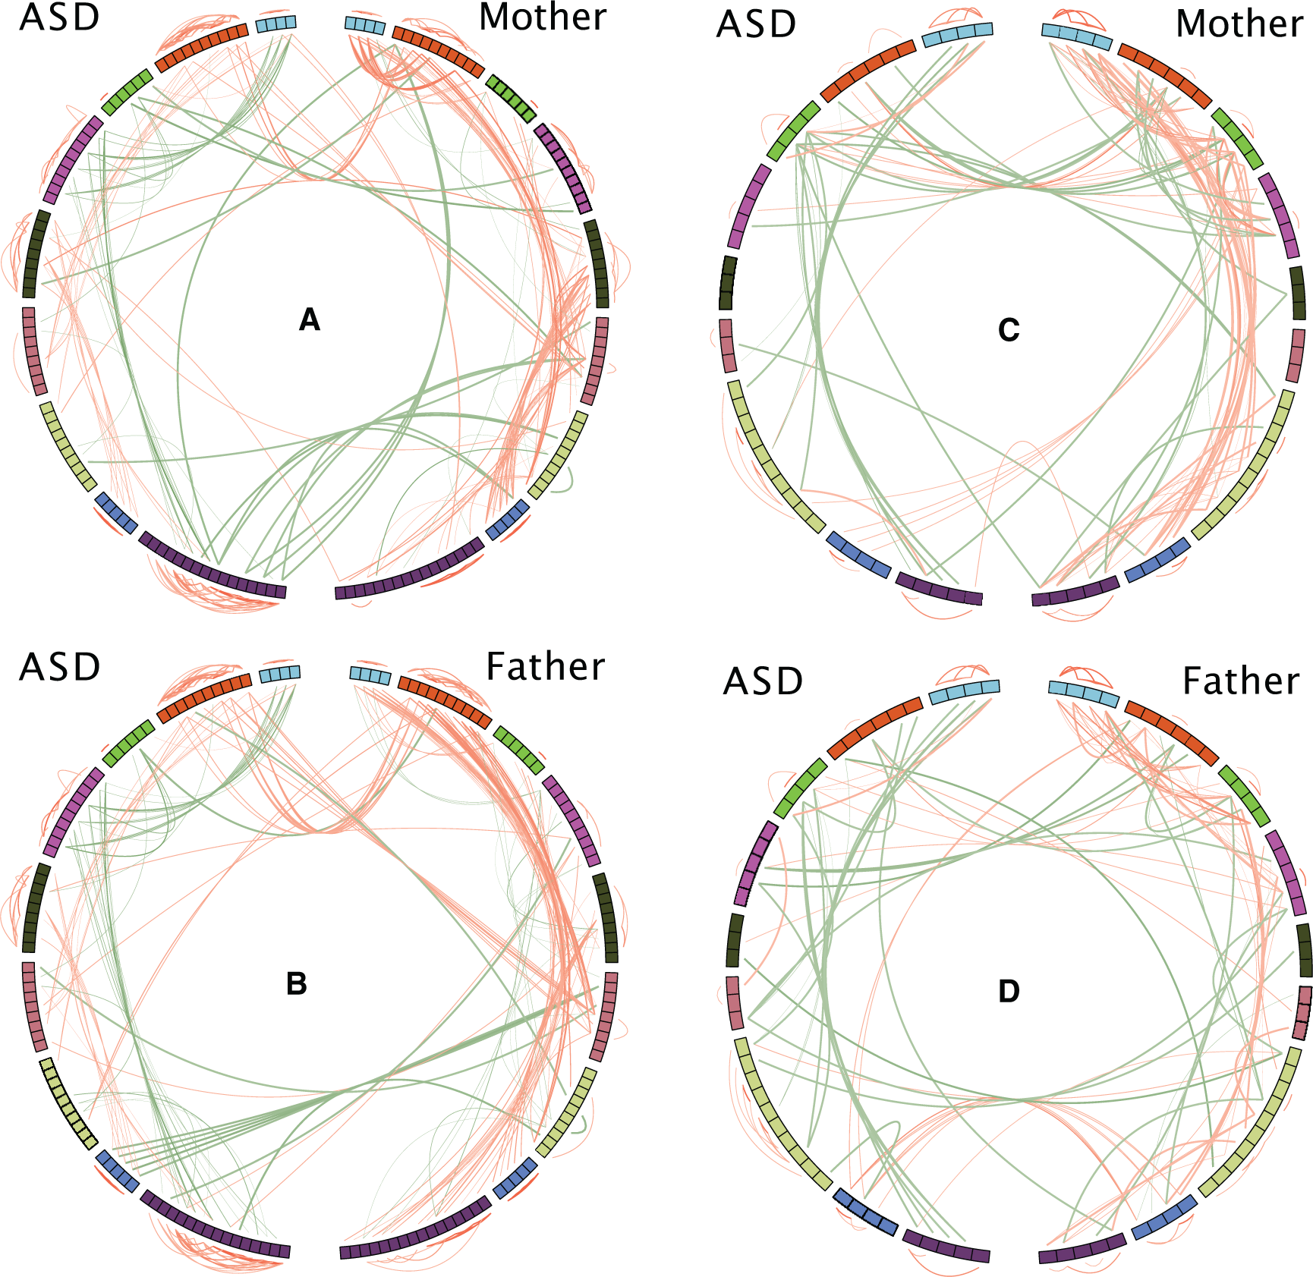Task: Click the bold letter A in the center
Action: click(x=310, y=320)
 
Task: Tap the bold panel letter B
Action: click(x=297, y=984)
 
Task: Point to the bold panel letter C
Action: click(x=1009, y=330)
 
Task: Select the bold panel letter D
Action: click(x=1009, y=991)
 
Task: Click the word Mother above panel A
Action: click(x=543, y=17)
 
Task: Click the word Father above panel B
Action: click(x=545, y=667)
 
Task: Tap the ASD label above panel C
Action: click(x=757, y=24)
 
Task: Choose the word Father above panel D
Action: click(x=1241, y=681)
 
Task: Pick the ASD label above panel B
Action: click(x=60, y=667)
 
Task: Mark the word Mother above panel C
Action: click(x=1239, y=24)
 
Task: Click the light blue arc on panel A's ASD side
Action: click(x=276, y=24)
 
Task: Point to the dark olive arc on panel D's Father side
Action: click(x=1304, y=950)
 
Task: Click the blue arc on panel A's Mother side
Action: click(x=508, y=520)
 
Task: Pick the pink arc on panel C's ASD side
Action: click(x=727, y=345)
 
